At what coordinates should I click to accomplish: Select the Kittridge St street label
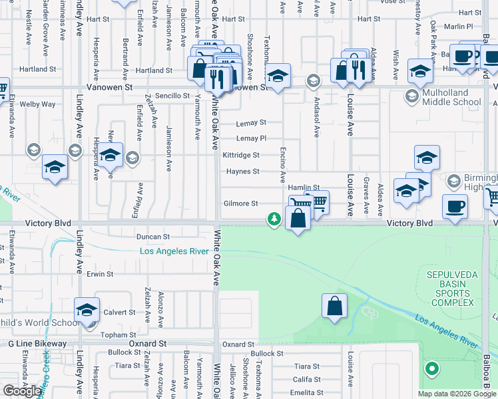[x=241, y=155]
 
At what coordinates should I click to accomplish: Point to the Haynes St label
[x=242, y=172]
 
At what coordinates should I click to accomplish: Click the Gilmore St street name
[x=240, y=203]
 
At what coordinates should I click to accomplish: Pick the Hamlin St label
[x=304, y=188]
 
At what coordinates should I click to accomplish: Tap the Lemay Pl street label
[x=252, y=138]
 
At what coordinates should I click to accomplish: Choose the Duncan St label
[x=153, y=236]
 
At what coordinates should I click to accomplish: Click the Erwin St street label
[x=100, y=273]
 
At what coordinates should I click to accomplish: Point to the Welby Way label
[x=37, y=104]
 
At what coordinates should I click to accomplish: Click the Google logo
[x=22, y=391]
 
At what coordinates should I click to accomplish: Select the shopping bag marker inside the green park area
[x=334, y=307]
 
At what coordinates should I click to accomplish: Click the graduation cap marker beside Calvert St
[x=87, y=311]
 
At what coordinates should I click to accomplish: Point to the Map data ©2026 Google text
[x=457, y=394]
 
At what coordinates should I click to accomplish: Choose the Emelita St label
[x=307, y=393]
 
